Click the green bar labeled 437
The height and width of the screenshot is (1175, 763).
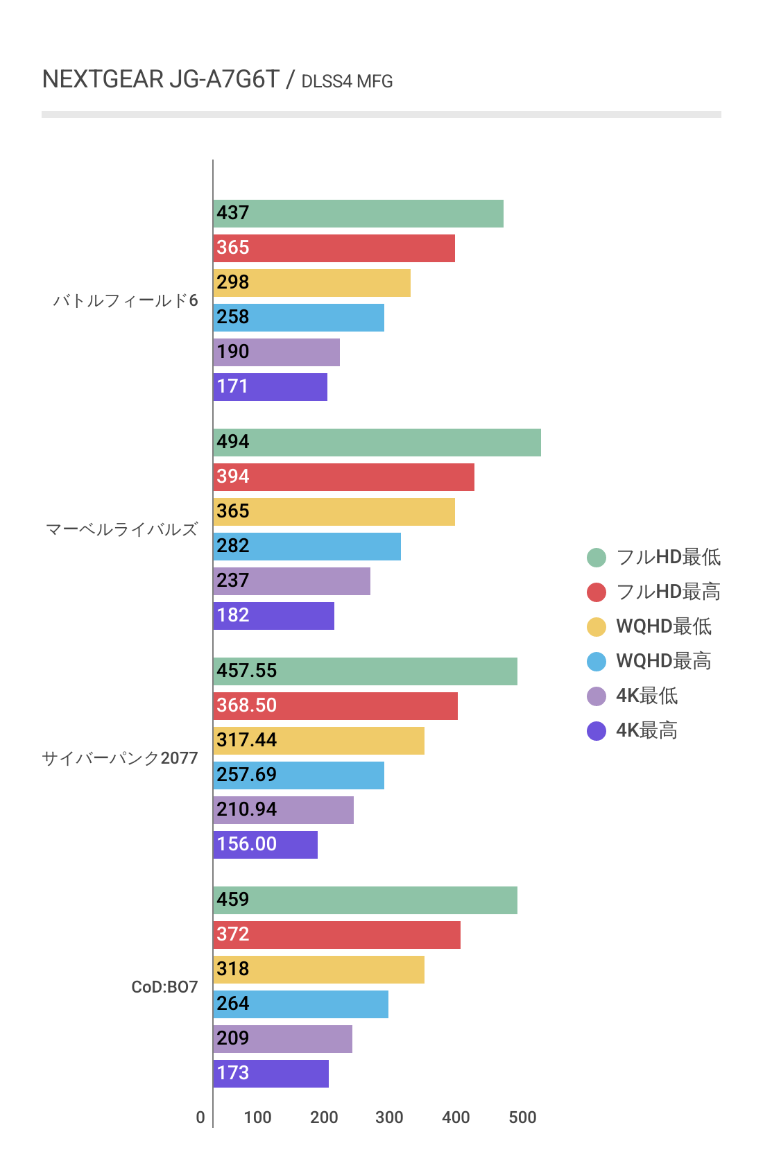358,214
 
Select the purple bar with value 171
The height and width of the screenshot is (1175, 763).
270,387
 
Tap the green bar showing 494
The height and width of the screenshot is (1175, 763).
377,443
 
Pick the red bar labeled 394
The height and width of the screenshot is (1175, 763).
343,477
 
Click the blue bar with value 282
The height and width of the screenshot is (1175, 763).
307,547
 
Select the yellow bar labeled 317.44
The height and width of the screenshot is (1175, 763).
318,741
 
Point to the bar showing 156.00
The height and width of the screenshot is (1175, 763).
265,845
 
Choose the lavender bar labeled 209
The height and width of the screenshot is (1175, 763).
282,1039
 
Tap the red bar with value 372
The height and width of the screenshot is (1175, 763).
336,935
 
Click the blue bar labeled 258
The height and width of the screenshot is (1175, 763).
298,318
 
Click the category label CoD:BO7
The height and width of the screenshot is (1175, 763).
164,987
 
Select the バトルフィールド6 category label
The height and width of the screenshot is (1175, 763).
126,300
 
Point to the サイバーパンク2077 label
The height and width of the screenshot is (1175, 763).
120,758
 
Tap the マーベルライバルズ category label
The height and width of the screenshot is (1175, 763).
122,529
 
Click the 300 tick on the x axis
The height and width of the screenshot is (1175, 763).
389,1117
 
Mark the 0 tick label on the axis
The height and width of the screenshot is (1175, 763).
200,1117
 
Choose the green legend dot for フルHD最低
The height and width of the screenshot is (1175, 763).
597,557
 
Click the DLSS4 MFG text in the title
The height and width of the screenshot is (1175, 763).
347,82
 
